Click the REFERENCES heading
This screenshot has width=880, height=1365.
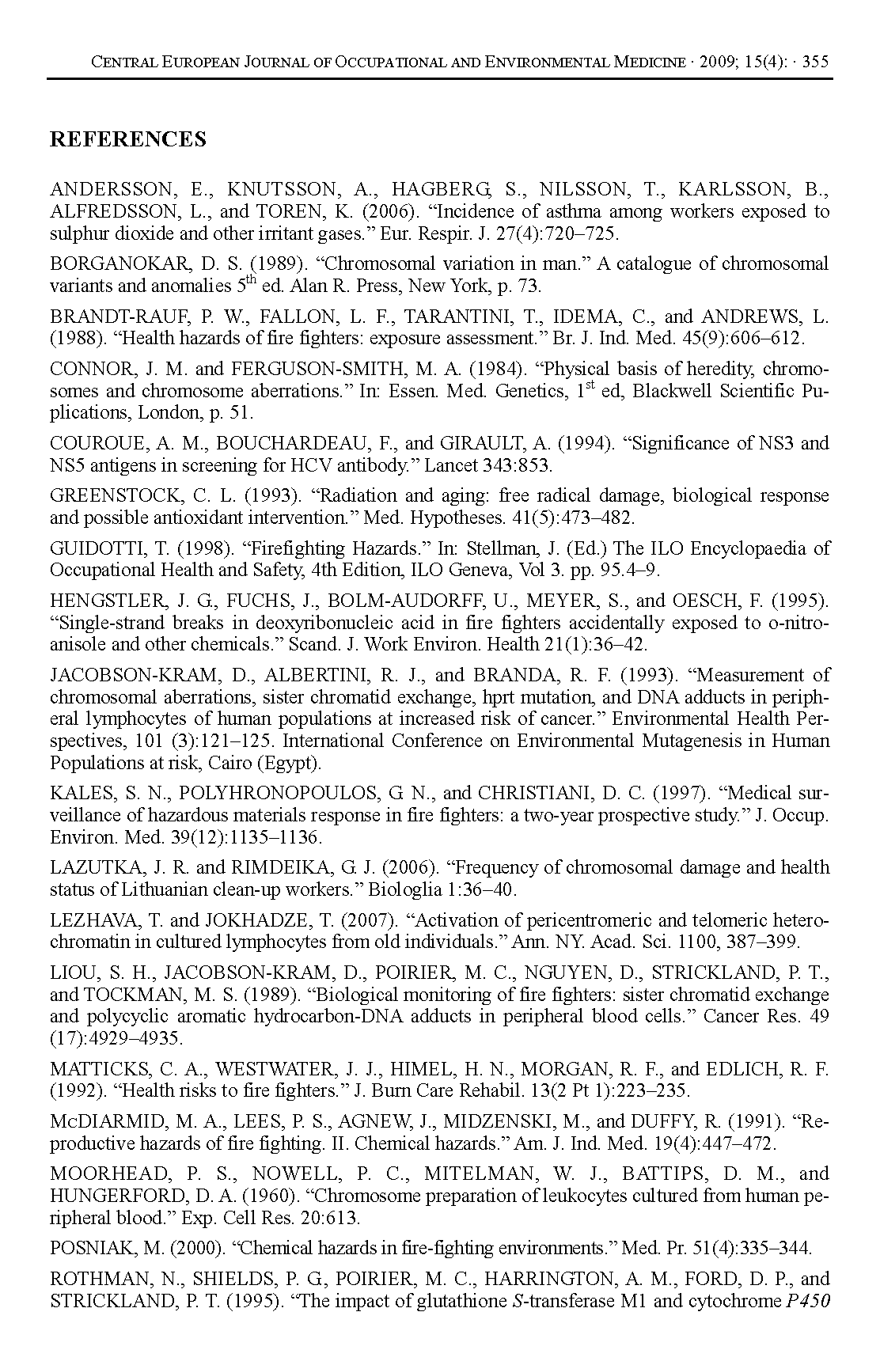pyautogui.click(x=127, y=139)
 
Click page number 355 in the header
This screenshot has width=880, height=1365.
pyautogui.click(x=815, y=62)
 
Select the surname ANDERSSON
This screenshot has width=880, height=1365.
pyautogui.click(x=112, y=190)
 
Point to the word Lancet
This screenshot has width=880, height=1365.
pyautogui.click(x=450, y=465)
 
